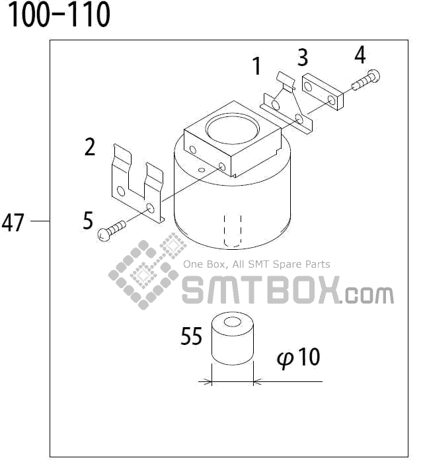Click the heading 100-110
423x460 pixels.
[59, 16]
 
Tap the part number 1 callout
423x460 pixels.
[256, 66]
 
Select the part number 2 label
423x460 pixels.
[91, 147]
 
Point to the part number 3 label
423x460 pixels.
[303, 58]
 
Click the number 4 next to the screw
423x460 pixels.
[360, 55]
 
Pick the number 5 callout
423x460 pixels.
[88, 220]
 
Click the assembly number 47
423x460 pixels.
[13, 223]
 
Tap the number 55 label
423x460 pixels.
[191, 337]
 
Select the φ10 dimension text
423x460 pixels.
[299, 358]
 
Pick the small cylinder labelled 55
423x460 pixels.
[232, 341]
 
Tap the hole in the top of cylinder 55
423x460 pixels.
[233, 323]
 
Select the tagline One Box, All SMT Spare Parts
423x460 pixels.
[256, 264]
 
